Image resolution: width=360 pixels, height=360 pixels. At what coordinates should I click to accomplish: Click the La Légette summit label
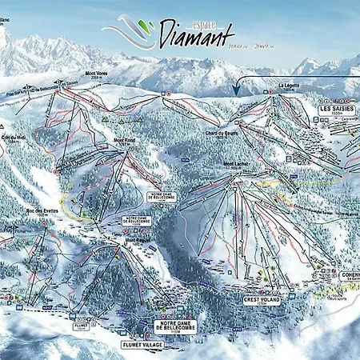click(290, 86)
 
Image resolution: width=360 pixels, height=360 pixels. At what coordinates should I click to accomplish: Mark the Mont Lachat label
click(236, 165)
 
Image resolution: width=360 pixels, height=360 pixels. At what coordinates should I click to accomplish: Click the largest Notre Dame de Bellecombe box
click(171, 326)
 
